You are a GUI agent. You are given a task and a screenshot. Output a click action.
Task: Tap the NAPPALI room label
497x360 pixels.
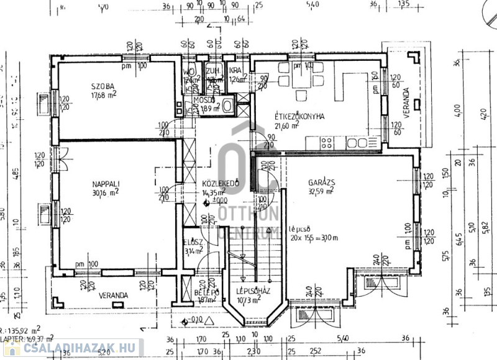pos(105,183)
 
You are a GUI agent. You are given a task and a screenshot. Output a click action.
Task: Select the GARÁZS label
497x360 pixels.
pos(322,182)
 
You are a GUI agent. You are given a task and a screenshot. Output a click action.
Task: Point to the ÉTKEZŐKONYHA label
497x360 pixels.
pos(300,116)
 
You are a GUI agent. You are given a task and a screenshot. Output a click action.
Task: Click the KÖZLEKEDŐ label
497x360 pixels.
pos(221,184)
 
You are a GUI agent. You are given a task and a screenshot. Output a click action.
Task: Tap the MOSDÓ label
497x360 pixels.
pos(204,100)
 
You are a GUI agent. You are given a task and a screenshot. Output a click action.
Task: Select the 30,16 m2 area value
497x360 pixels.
pos(107,192)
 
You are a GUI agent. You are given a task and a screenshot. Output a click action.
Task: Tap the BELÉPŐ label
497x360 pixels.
pos(206,292)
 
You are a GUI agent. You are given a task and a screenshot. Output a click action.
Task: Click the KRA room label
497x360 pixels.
pos(235,70)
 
